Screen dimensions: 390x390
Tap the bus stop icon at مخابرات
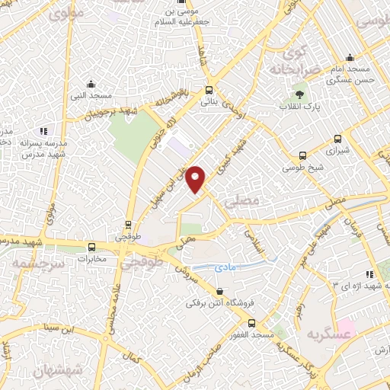(x=92, y=247)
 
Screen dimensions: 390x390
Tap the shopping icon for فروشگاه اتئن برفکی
(x=220, y=291)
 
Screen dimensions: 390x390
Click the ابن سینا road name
(x=62, y=329)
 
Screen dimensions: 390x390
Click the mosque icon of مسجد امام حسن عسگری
(x=350, y=57)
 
